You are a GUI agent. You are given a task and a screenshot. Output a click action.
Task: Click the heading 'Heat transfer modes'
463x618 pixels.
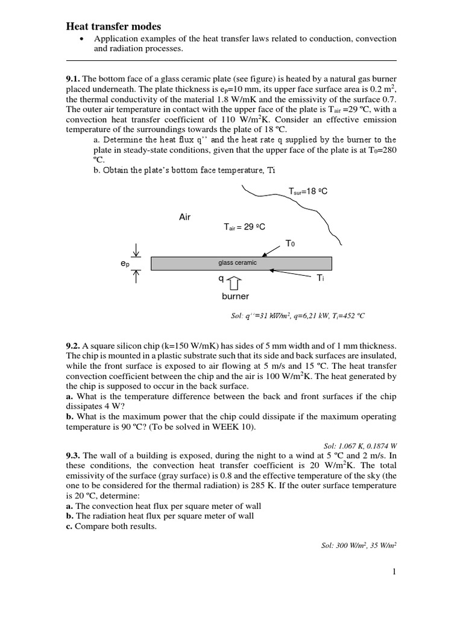point(113,26)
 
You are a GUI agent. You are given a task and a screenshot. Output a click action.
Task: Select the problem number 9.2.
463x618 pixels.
point(73,346)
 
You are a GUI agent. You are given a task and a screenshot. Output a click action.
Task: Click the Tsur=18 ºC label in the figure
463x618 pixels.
point(307,191)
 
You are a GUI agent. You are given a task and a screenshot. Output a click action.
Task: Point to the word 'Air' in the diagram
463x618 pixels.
point(184,217)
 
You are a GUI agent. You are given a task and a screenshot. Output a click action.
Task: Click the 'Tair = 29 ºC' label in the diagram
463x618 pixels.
point(244,227)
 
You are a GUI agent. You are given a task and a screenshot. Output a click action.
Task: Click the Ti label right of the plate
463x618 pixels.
point(321,278)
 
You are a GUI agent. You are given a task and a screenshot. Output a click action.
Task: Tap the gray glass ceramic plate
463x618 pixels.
point(241,263)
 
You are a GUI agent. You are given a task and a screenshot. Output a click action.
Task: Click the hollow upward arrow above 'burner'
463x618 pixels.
point(235,281)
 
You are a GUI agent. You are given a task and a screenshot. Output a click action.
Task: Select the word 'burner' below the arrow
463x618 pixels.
point(235,296)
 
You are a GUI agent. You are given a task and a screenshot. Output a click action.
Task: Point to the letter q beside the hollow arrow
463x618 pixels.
point(221,279)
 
